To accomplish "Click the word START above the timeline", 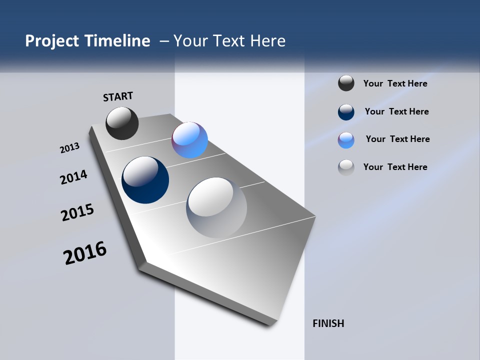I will pos(118,96).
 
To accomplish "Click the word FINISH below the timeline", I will pos(328,323).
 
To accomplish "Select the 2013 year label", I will pos(69,148).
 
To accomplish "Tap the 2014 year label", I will pos(73,177).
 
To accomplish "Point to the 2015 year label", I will pos(77,212).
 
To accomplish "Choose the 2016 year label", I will pos(85,253).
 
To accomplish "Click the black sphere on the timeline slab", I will pos(122,123).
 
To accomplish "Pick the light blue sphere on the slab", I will pos(189,140).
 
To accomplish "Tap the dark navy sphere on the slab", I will pos(145,180).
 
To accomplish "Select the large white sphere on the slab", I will pos(216,207).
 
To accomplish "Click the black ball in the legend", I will pos(346,83).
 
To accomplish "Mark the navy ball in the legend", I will pos(346,112).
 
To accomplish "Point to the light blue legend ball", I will pos(346,140).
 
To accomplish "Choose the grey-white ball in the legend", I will pos(346,167).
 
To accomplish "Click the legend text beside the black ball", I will pos(395,83).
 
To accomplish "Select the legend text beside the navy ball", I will pos(396,111).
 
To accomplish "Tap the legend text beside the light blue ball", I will pos(397,139).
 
